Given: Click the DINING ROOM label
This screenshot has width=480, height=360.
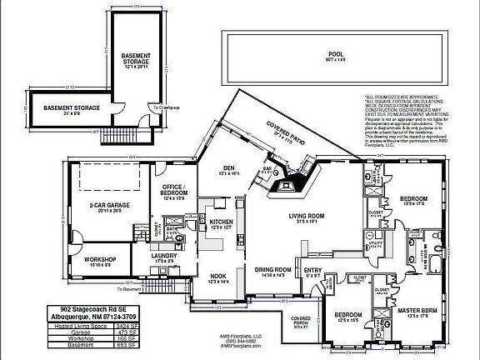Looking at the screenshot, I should point(272,269).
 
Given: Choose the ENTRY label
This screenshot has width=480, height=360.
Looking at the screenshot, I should point(312,270).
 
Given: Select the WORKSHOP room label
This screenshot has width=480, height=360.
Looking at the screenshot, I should point(98,259).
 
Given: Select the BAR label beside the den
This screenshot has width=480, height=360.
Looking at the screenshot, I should point(268,167).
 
